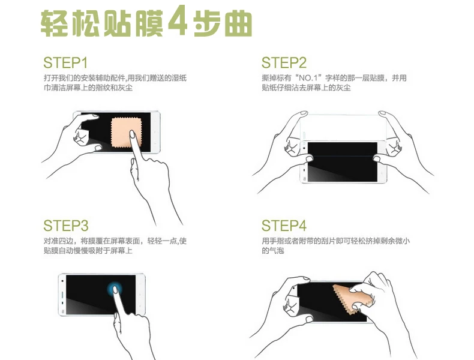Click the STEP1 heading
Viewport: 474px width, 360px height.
click(65, 63)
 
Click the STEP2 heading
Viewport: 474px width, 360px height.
click(284, 63)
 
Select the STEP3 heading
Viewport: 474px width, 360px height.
click(66, 226)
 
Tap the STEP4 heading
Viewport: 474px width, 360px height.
click(284, 226)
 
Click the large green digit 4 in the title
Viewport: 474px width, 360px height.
click(178, 21)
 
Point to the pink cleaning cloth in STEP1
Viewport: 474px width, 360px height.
click(126, 133)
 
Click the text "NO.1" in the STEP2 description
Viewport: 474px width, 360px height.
click(308, 78)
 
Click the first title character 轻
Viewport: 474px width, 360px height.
click(54, 23)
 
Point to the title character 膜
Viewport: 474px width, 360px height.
click(149, 22)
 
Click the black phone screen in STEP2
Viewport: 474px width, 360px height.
click(343, 162)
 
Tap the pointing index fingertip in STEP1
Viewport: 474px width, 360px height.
click(132, 134)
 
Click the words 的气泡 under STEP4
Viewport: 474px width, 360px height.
click(272, 251)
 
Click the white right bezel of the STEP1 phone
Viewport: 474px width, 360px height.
click(155, 132)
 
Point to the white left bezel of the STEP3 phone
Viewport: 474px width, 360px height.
click(62, 295)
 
